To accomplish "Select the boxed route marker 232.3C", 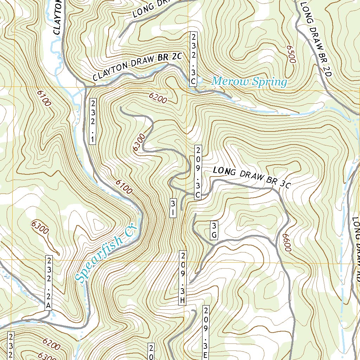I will (193, 59).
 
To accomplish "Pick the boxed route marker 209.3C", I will (198, 172).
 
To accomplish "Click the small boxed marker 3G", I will (213, 230).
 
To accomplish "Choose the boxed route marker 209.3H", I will (182, 278).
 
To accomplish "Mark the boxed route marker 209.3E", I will (206, 332).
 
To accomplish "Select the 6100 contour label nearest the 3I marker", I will (124, 186).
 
